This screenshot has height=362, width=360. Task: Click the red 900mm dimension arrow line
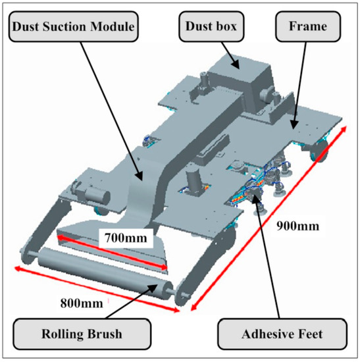point(269,217)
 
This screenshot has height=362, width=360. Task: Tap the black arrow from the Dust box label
point(222,53)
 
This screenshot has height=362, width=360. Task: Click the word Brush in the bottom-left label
point(101,334)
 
